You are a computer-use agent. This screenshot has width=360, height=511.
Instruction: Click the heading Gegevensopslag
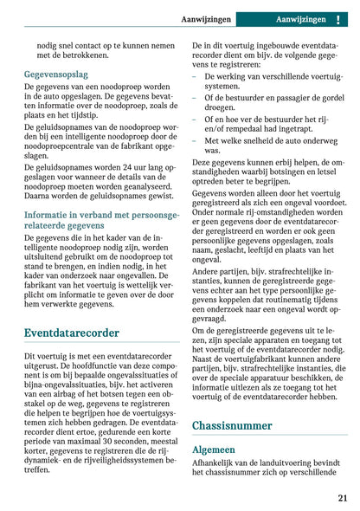[x=55, y=74]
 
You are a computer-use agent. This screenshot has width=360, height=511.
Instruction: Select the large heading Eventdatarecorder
[x=72, y=333]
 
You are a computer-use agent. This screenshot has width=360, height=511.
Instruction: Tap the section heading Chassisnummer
[x=233, y=425]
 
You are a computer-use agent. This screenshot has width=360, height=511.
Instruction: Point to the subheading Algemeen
[x=214, y=450]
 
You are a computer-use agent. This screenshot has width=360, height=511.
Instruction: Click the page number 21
[x=343, y=498]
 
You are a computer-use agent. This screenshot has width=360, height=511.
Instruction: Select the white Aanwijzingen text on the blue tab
[x=300, y=19]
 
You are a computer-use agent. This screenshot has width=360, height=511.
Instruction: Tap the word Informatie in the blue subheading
[x=49, y=214]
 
